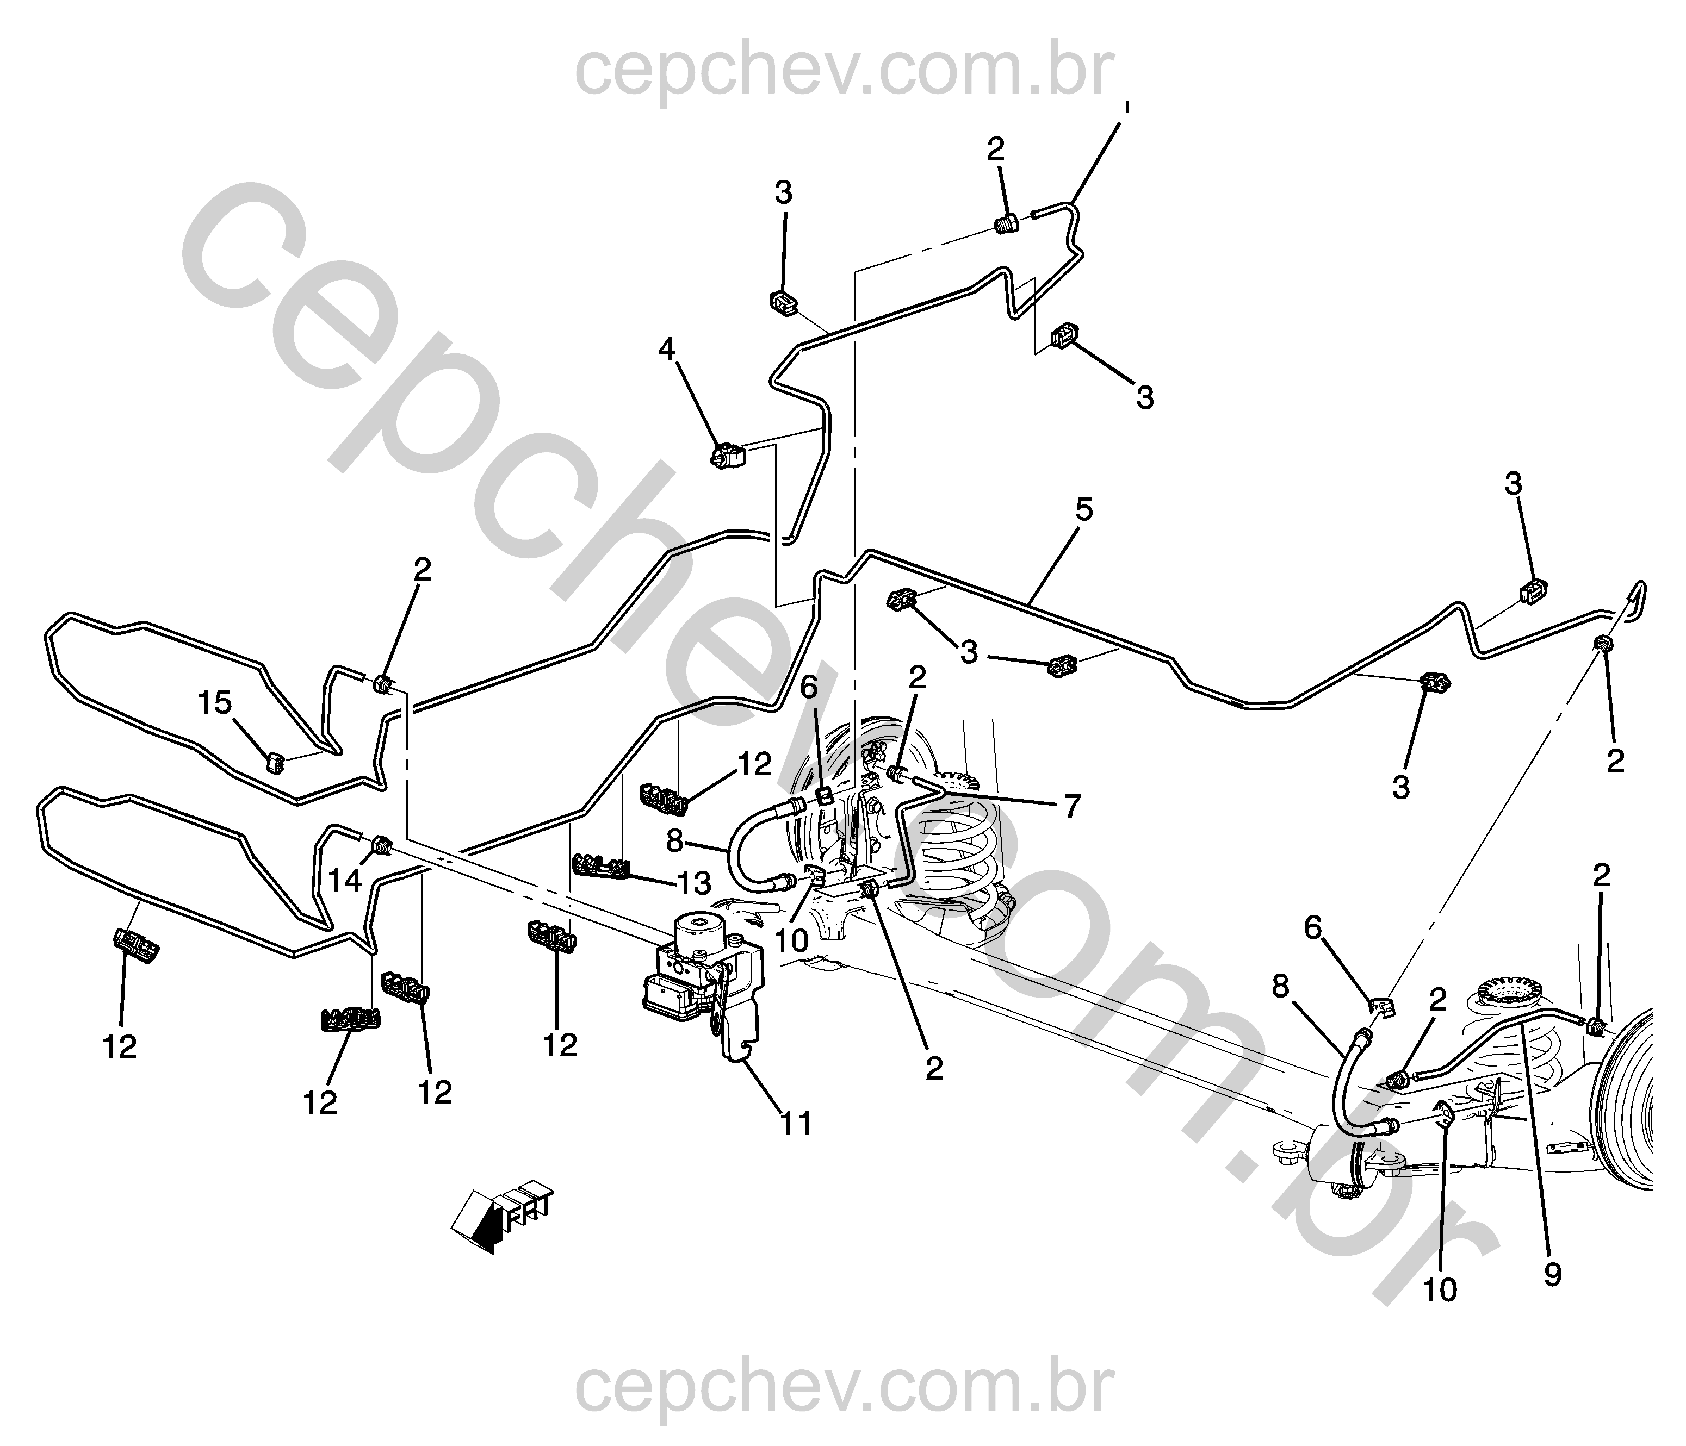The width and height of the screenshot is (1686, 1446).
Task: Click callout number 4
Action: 666,351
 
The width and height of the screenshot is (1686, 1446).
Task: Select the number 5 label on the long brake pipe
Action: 1084,510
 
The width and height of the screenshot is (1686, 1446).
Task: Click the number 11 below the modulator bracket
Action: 797,1124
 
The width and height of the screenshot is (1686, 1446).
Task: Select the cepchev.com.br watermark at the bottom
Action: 843,1389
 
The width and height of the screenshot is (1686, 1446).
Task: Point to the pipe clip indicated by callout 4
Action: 728,458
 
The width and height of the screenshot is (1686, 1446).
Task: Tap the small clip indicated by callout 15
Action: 276,762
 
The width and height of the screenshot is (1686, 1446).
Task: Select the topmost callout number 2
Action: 996,149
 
